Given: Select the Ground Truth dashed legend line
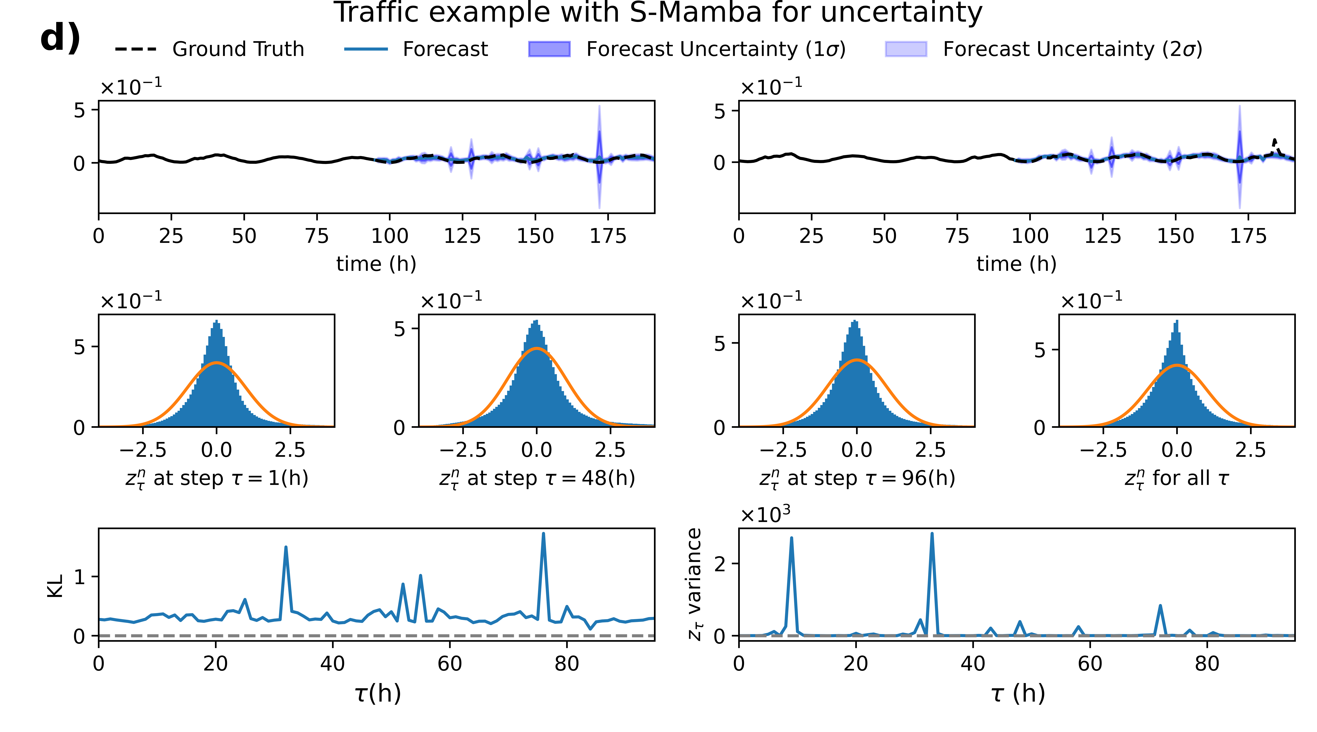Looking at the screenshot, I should (x=135, y=49).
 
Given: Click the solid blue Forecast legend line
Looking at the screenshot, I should (x=366, y=49).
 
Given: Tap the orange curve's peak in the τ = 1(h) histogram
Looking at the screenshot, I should (x=217, y=363).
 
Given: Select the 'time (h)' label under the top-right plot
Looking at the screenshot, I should (x=1016, y=264).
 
